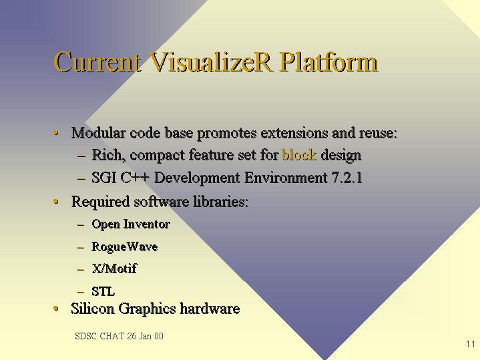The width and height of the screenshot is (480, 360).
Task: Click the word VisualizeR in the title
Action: point(210,62)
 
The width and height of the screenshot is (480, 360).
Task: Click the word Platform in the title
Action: point(328,62)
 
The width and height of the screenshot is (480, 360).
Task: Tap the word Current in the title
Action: point(97,62)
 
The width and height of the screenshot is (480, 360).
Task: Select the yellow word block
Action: point(299,155)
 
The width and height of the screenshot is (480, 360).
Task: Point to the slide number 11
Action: point(471,344)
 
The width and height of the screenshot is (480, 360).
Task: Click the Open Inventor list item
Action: point(131,224)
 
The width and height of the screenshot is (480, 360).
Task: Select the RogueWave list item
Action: point(125,246)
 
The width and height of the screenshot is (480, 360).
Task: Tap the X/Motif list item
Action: point(114,268)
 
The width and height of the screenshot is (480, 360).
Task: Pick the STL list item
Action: point(103,291)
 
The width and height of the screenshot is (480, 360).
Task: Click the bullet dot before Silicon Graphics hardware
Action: point(55,308)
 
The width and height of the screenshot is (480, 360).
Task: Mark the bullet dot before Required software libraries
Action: point(55,201)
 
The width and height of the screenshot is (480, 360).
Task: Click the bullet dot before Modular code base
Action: point(55,133)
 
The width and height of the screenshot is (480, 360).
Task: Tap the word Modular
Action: point(99,133)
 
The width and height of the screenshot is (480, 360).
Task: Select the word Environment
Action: point(286,178)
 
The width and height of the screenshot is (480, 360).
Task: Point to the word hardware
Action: point(210,308)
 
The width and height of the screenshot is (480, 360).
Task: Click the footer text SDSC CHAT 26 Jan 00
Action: point(119,336)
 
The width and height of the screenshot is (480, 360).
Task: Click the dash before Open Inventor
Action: point(81,225)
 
